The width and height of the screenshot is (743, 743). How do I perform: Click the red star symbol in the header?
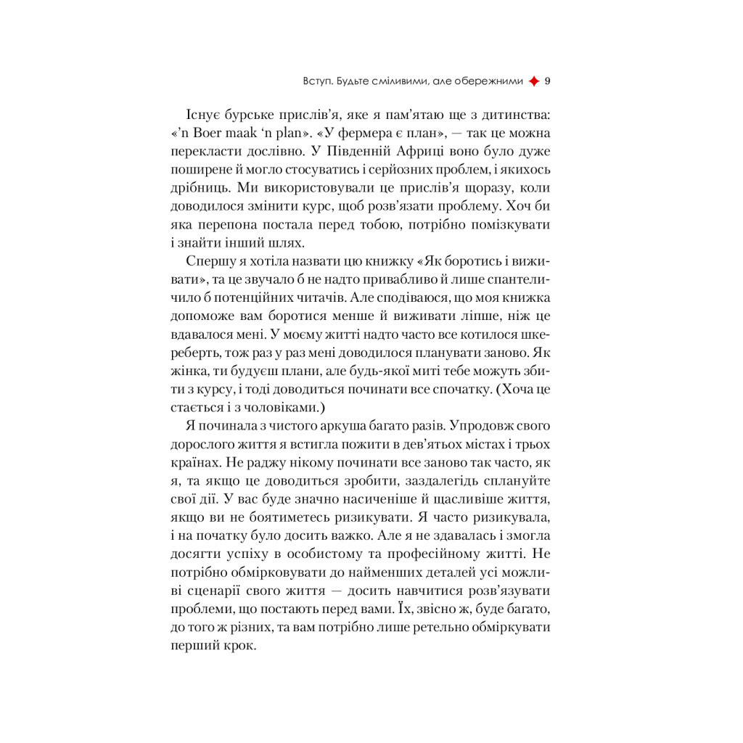pyautogui.click(x=534, y=81)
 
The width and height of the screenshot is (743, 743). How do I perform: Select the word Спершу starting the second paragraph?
pyautogui.click(x=209, y=260)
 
